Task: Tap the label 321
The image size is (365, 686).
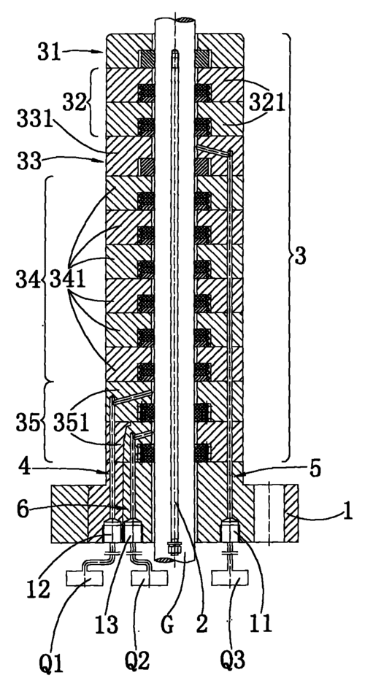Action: (267, 104)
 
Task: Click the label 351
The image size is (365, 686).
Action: (72, 423)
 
